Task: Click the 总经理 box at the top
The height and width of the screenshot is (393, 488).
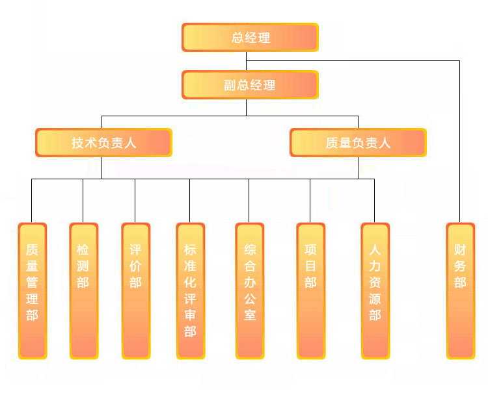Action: pos(250,37)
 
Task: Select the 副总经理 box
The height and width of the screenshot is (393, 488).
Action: pos(250,84)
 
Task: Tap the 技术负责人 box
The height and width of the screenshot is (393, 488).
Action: pos(103,142)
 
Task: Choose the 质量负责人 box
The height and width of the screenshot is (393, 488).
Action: pos(358,142)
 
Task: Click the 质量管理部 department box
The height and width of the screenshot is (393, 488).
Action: pos(32,290)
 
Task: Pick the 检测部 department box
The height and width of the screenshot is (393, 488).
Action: pos(83,290)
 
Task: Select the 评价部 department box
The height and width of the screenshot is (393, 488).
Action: pos(135,290)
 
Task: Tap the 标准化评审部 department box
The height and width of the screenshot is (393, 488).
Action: pos(190,290)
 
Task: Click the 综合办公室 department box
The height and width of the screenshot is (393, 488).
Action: pos(250,290)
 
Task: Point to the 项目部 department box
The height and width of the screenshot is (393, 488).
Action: pos(310,290)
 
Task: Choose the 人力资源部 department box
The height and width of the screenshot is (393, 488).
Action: pos(375,290)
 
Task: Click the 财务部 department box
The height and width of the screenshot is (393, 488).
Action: pos(460,290)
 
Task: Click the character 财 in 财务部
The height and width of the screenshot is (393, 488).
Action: pos(460,249)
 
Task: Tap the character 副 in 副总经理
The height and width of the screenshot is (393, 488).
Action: pos(230,85)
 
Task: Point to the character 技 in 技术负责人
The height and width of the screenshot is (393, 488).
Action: pos(78,143)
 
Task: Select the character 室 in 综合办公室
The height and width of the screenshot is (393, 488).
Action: pos(250,316)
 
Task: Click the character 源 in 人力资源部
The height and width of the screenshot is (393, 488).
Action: pos(375,299)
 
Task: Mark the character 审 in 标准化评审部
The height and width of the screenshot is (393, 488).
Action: pos(190,316)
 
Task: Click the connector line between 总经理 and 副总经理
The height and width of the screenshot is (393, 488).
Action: pos(246,61)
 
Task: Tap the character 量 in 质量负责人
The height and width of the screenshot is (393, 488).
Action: pos(345,143)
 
